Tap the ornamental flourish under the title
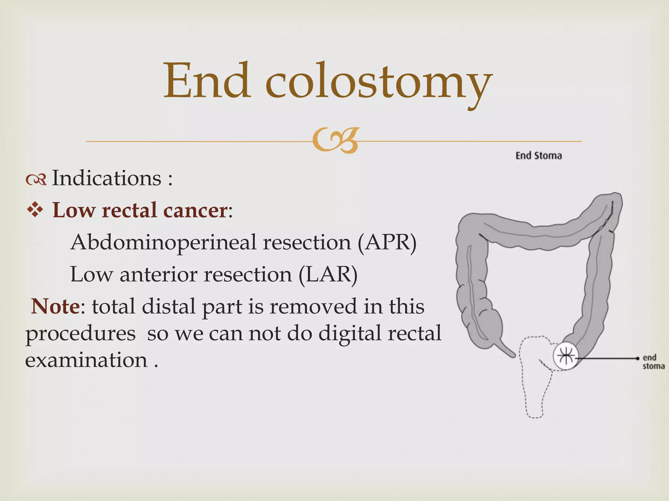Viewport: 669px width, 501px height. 335,141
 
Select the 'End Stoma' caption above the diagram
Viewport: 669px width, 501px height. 539,156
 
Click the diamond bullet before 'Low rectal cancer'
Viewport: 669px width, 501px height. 35,210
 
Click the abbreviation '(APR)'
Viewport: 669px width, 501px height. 387,242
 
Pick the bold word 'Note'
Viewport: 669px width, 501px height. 55,307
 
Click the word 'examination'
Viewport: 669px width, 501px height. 87,360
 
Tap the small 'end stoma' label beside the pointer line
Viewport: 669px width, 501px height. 653,362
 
